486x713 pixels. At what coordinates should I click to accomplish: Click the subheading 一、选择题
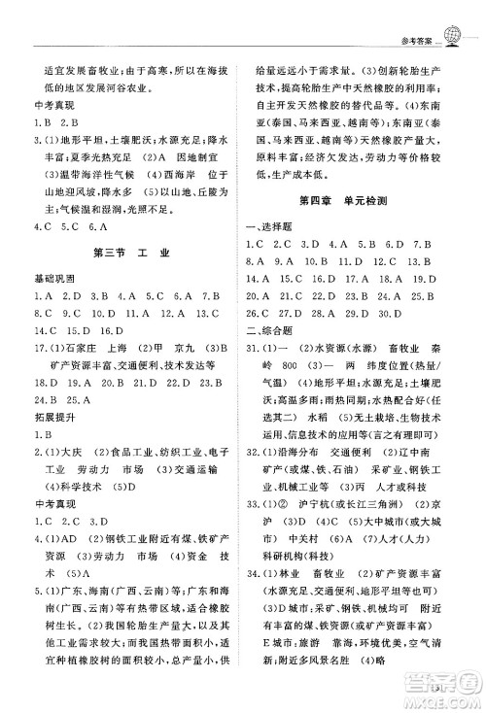pyautogui.click(x=264, y=225)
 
